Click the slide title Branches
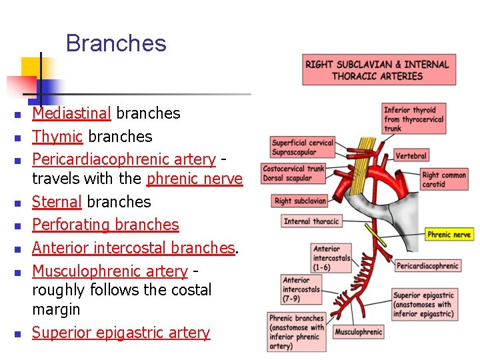(x=116, y=44)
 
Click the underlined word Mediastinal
(x=72, y=113)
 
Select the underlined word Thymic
(x=58, y=137)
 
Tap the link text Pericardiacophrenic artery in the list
(x=124, y=159)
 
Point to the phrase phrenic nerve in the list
(x=194, y=179)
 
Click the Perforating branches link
(x=105, y=225)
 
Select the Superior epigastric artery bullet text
(x=121, y=333)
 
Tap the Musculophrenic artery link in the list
(x=110, y=271)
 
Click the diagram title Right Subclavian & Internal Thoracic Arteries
(x=377, y=70)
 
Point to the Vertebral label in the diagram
(x=411, y=156)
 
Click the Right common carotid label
(x=443, y=179)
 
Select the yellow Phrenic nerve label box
(x=449, y=235)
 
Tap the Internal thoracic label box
(x=311, y=221)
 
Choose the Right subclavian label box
(x=301, y=201)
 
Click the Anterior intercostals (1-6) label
(x=331, y=258)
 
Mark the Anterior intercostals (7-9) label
(x=301, y=289)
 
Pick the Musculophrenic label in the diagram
(x=358, y=332)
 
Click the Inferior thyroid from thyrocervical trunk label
(x=413, y=119)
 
